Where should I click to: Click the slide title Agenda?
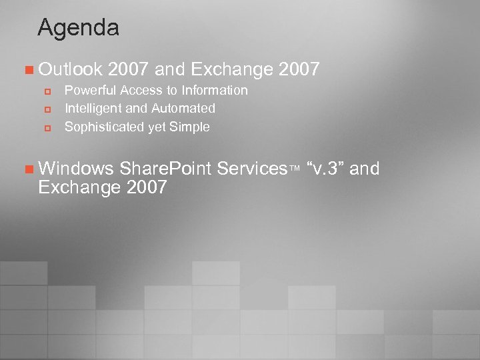tap(78, 28)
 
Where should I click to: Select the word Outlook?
tap(70, 69)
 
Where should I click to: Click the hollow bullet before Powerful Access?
tap(47, 91)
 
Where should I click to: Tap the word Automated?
tap(183, 108)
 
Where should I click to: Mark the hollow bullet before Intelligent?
tap(47, 109)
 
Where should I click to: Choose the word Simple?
tap(189, 127)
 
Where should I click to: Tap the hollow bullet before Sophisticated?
tap(47, 127)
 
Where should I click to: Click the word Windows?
tap(76, 169)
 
